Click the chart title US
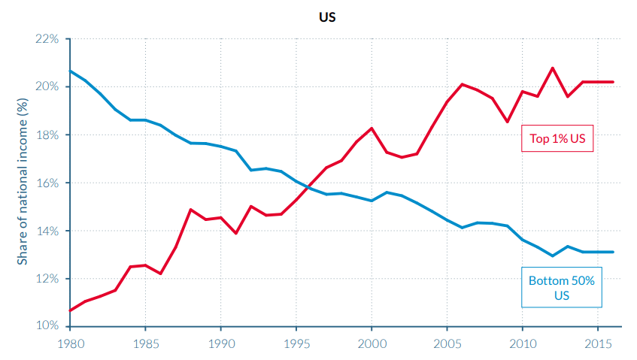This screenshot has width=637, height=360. coord(327,17)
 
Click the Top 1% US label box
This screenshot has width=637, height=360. coord(557,138)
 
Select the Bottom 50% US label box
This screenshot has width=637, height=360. coord(562,288)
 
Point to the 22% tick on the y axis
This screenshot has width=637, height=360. coord(47,38)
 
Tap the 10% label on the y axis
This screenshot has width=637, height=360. coord(47,326)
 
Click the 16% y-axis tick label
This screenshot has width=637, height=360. coord(47,183)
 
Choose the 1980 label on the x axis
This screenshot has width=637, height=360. coord(69,343)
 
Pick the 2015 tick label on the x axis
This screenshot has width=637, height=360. coord(598,343)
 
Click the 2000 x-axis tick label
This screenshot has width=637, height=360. coord(371,343)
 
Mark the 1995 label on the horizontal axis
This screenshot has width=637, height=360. coord(296,343)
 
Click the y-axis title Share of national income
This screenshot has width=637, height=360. coord(23,183)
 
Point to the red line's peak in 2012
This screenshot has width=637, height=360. coord(553,68)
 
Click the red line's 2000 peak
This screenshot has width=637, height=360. coord(372,129)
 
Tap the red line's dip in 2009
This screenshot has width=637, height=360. coord(507,122)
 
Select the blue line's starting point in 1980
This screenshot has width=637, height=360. coord(70,71)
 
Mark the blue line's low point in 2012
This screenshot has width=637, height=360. coord(553,256)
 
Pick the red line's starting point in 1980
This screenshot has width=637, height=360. coord(70,310)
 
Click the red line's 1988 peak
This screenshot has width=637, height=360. coord(190,210)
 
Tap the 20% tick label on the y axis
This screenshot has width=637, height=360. coord(47,86)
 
